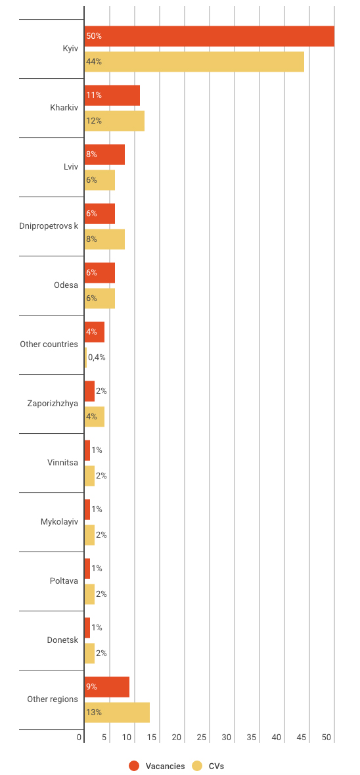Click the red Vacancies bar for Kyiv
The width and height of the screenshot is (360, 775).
coord(210,36)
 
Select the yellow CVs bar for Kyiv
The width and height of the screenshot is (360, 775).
coord(194,62)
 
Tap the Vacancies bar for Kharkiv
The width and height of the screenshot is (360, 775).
coord(112,95)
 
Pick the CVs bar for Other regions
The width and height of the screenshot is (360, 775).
coord(117,713)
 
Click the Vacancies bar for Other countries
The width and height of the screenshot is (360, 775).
coord(95,332)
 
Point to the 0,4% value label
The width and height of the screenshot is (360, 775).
coord(97,358)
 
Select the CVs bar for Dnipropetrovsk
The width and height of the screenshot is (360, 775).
coord(104,239)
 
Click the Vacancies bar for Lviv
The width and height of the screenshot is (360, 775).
coord(104,154)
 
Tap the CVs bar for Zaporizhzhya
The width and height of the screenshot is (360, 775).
coord(95,417)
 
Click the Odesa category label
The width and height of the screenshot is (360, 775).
coord(66,285)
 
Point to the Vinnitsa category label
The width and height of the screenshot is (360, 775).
coord(62,463)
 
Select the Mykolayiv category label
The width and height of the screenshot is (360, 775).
coord(60,522)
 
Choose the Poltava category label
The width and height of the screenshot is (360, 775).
coord(64,581)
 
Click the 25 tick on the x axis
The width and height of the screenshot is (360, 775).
coord(202,738)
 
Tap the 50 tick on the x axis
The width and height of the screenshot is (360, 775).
coord(326,738)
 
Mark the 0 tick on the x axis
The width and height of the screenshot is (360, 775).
coord(79,738)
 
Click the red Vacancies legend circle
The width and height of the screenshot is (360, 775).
coord(134,766)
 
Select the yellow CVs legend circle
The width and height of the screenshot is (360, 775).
coord(198,766)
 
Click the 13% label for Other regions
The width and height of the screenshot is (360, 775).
coord(94,713)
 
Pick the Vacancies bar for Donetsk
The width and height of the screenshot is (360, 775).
coord(87,628)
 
